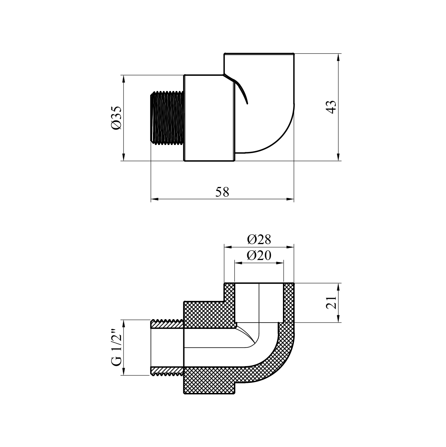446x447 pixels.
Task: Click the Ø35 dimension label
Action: [117, 118]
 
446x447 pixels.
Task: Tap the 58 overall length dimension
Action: [222, 192]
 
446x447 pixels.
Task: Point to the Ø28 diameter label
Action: [259, 239]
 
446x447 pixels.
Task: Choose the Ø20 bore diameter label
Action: [259, 255]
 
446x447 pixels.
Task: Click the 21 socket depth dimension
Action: [331, 302]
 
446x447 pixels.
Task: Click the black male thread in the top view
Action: [167, 118]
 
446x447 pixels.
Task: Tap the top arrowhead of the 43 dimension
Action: [338, 57]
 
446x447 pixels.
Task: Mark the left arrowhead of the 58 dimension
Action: [154, 199]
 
